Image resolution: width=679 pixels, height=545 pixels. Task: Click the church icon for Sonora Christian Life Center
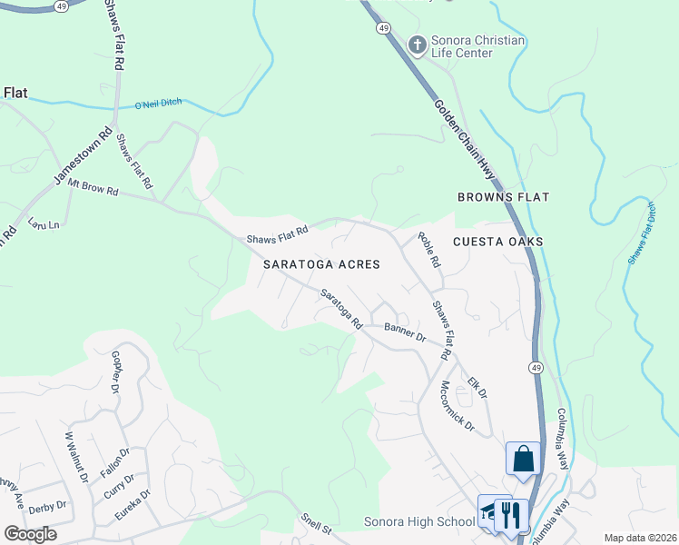417,45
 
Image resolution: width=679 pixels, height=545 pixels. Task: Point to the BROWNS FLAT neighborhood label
503,197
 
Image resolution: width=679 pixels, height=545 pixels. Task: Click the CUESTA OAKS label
498,242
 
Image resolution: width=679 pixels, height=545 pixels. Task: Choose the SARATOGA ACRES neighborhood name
320,264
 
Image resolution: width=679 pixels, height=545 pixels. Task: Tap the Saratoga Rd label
341,309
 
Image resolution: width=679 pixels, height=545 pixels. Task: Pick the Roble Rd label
428,250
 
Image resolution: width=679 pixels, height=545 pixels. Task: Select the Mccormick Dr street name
457,405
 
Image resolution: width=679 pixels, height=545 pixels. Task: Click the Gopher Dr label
115,372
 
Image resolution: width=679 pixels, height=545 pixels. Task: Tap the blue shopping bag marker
524,459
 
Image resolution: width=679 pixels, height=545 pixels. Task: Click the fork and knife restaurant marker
511,515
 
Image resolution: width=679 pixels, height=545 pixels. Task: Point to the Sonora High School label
418,521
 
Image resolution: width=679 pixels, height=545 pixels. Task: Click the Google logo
30,534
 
